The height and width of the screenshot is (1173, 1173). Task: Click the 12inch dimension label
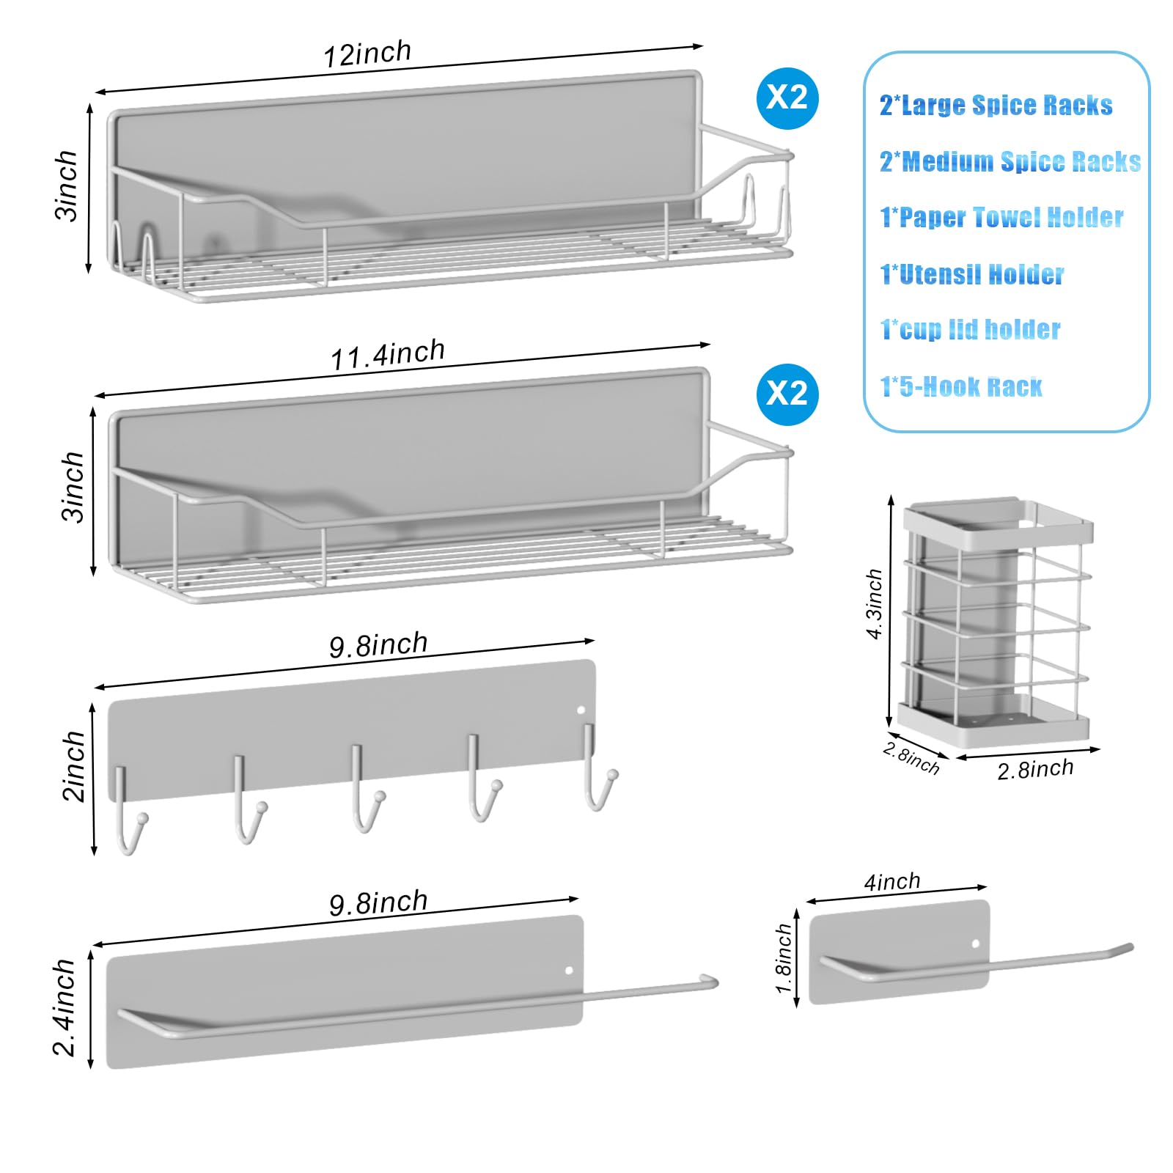(367, 54)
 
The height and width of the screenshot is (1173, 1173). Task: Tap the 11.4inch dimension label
(387, 354)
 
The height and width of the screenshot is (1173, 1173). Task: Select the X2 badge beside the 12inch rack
(787, 98)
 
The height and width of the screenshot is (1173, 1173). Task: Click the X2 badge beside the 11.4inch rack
(787, 394)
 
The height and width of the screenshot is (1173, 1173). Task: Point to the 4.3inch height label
(874, 603)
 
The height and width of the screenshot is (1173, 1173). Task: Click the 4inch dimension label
(891, 881)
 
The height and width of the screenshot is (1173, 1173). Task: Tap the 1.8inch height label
(784, 958)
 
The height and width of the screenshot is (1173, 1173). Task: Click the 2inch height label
(74, 766)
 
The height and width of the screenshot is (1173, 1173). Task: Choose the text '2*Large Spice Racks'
(996, 106)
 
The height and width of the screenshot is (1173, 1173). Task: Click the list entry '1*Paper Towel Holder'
(1001, 218)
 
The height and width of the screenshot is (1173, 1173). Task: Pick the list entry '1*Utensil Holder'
(971, 274)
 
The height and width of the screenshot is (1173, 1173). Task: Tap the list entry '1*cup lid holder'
(970, 330)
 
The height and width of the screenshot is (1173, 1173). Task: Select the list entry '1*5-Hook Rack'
(960, 386)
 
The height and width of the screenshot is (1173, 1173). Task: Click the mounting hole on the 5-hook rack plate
(581, 710)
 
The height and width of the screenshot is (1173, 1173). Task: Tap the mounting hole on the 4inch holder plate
(976, 944)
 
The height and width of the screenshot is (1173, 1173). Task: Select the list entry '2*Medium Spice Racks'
(1010, 161)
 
